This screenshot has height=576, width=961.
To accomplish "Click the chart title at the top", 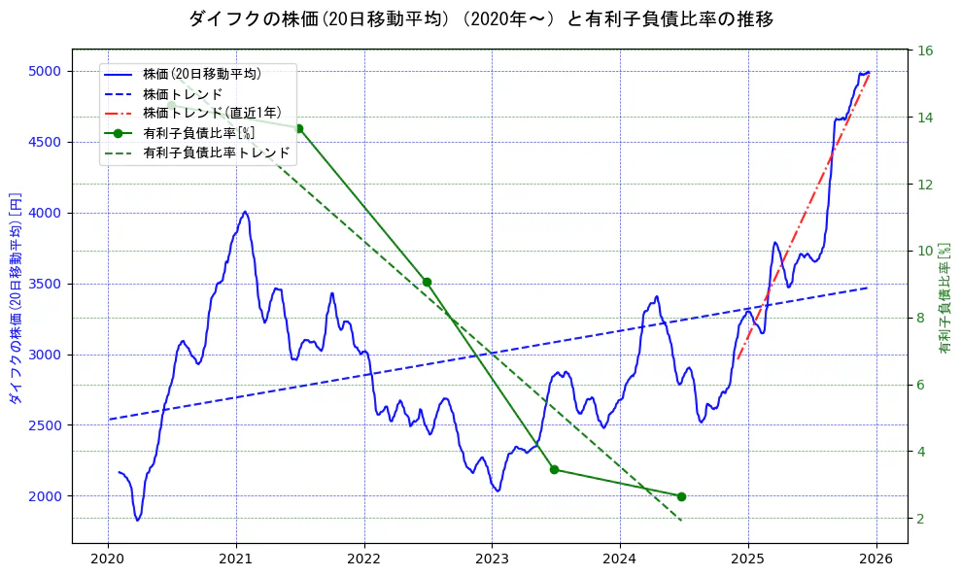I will (x=480, y=18).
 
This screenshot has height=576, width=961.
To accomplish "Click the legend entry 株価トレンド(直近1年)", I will (x=212, y=113).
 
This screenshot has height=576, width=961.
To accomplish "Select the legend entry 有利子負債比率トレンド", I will (x=216, y=152).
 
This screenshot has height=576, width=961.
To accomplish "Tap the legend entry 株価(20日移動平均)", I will (x=201, y=73).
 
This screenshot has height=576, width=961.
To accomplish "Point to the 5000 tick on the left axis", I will (x=45, y=71).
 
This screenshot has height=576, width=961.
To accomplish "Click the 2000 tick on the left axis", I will (x=45, y=496).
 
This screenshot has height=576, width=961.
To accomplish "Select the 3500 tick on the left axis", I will (x=45, y=284).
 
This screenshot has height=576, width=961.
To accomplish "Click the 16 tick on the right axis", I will (x=926, y=51).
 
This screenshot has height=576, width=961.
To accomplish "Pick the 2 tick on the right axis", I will (x=922, y=519).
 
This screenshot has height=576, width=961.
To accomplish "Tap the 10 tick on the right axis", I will (x=926, y=251).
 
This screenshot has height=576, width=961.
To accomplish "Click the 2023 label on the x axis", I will (x=492, y=559).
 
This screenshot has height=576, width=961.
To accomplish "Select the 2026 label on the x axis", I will (x=876, y=559).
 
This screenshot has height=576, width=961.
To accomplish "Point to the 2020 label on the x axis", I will (x=108, y=559).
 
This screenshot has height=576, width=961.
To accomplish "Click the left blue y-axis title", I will (x=15, y=296).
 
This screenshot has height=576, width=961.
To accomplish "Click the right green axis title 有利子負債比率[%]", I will (x=944, y=297).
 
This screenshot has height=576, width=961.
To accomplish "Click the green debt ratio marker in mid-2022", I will (x=427, y=282).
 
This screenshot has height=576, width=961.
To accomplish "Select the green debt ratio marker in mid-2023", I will (x=554, y=469).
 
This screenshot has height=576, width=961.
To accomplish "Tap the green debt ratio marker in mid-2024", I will (x=681, y=496).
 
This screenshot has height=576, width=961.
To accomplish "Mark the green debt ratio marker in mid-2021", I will (x=298, y=128).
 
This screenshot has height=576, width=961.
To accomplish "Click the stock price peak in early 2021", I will (x=245, y=212).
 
